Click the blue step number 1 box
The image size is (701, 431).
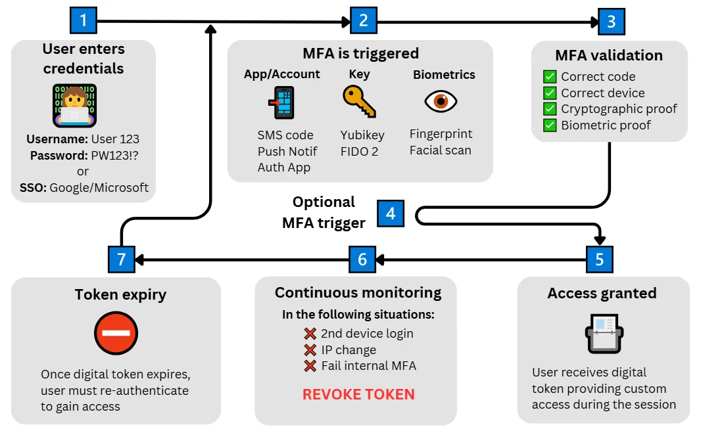(84, 20)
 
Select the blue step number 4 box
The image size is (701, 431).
(391, 213)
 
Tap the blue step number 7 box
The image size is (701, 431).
(121, 259)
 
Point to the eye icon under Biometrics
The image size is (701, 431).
(441, 101)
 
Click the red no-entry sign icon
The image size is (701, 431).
(116, 333)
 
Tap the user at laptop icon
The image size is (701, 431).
(75, 105)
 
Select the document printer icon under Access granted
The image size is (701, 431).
(603, 334)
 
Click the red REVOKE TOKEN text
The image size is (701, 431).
(358, 395)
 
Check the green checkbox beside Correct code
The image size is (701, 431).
(550, 77)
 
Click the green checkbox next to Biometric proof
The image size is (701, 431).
(550, 125)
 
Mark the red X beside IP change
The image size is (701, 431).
(310, 350)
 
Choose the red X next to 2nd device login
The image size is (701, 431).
(310, 333)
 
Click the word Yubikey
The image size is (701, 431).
(362, 135)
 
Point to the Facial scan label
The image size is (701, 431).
(440, 150)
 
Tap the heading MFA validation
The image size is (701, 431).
(609, 55)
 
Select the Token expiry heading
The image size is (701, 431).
(120, 294)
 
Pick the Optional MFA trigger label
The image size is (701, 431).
(324, 212)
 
